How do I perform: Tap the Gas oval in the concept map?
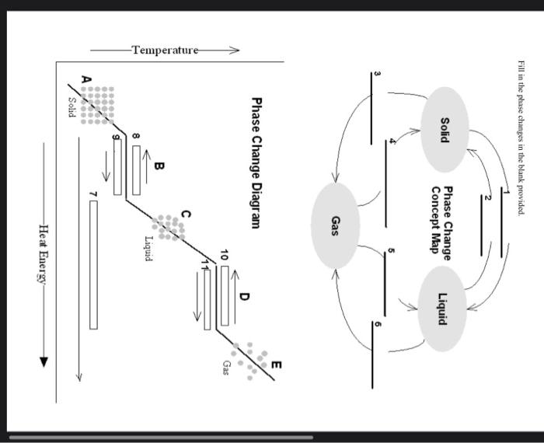click(335, 225)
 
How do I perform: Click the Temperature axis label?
click(165, 51)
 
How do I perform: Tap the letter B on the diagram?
click(159, 166)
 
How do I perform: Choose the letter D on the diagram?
click(245, 297)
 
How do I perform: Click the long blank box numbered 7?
click(94, 264)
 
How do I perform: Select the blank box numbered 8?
click(136, 169)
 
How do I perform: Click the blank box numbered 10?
click(225, 295)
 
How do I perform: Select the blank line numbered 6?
click(372, 354)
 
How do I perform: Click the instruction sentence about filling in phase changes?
click(520, 138)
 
